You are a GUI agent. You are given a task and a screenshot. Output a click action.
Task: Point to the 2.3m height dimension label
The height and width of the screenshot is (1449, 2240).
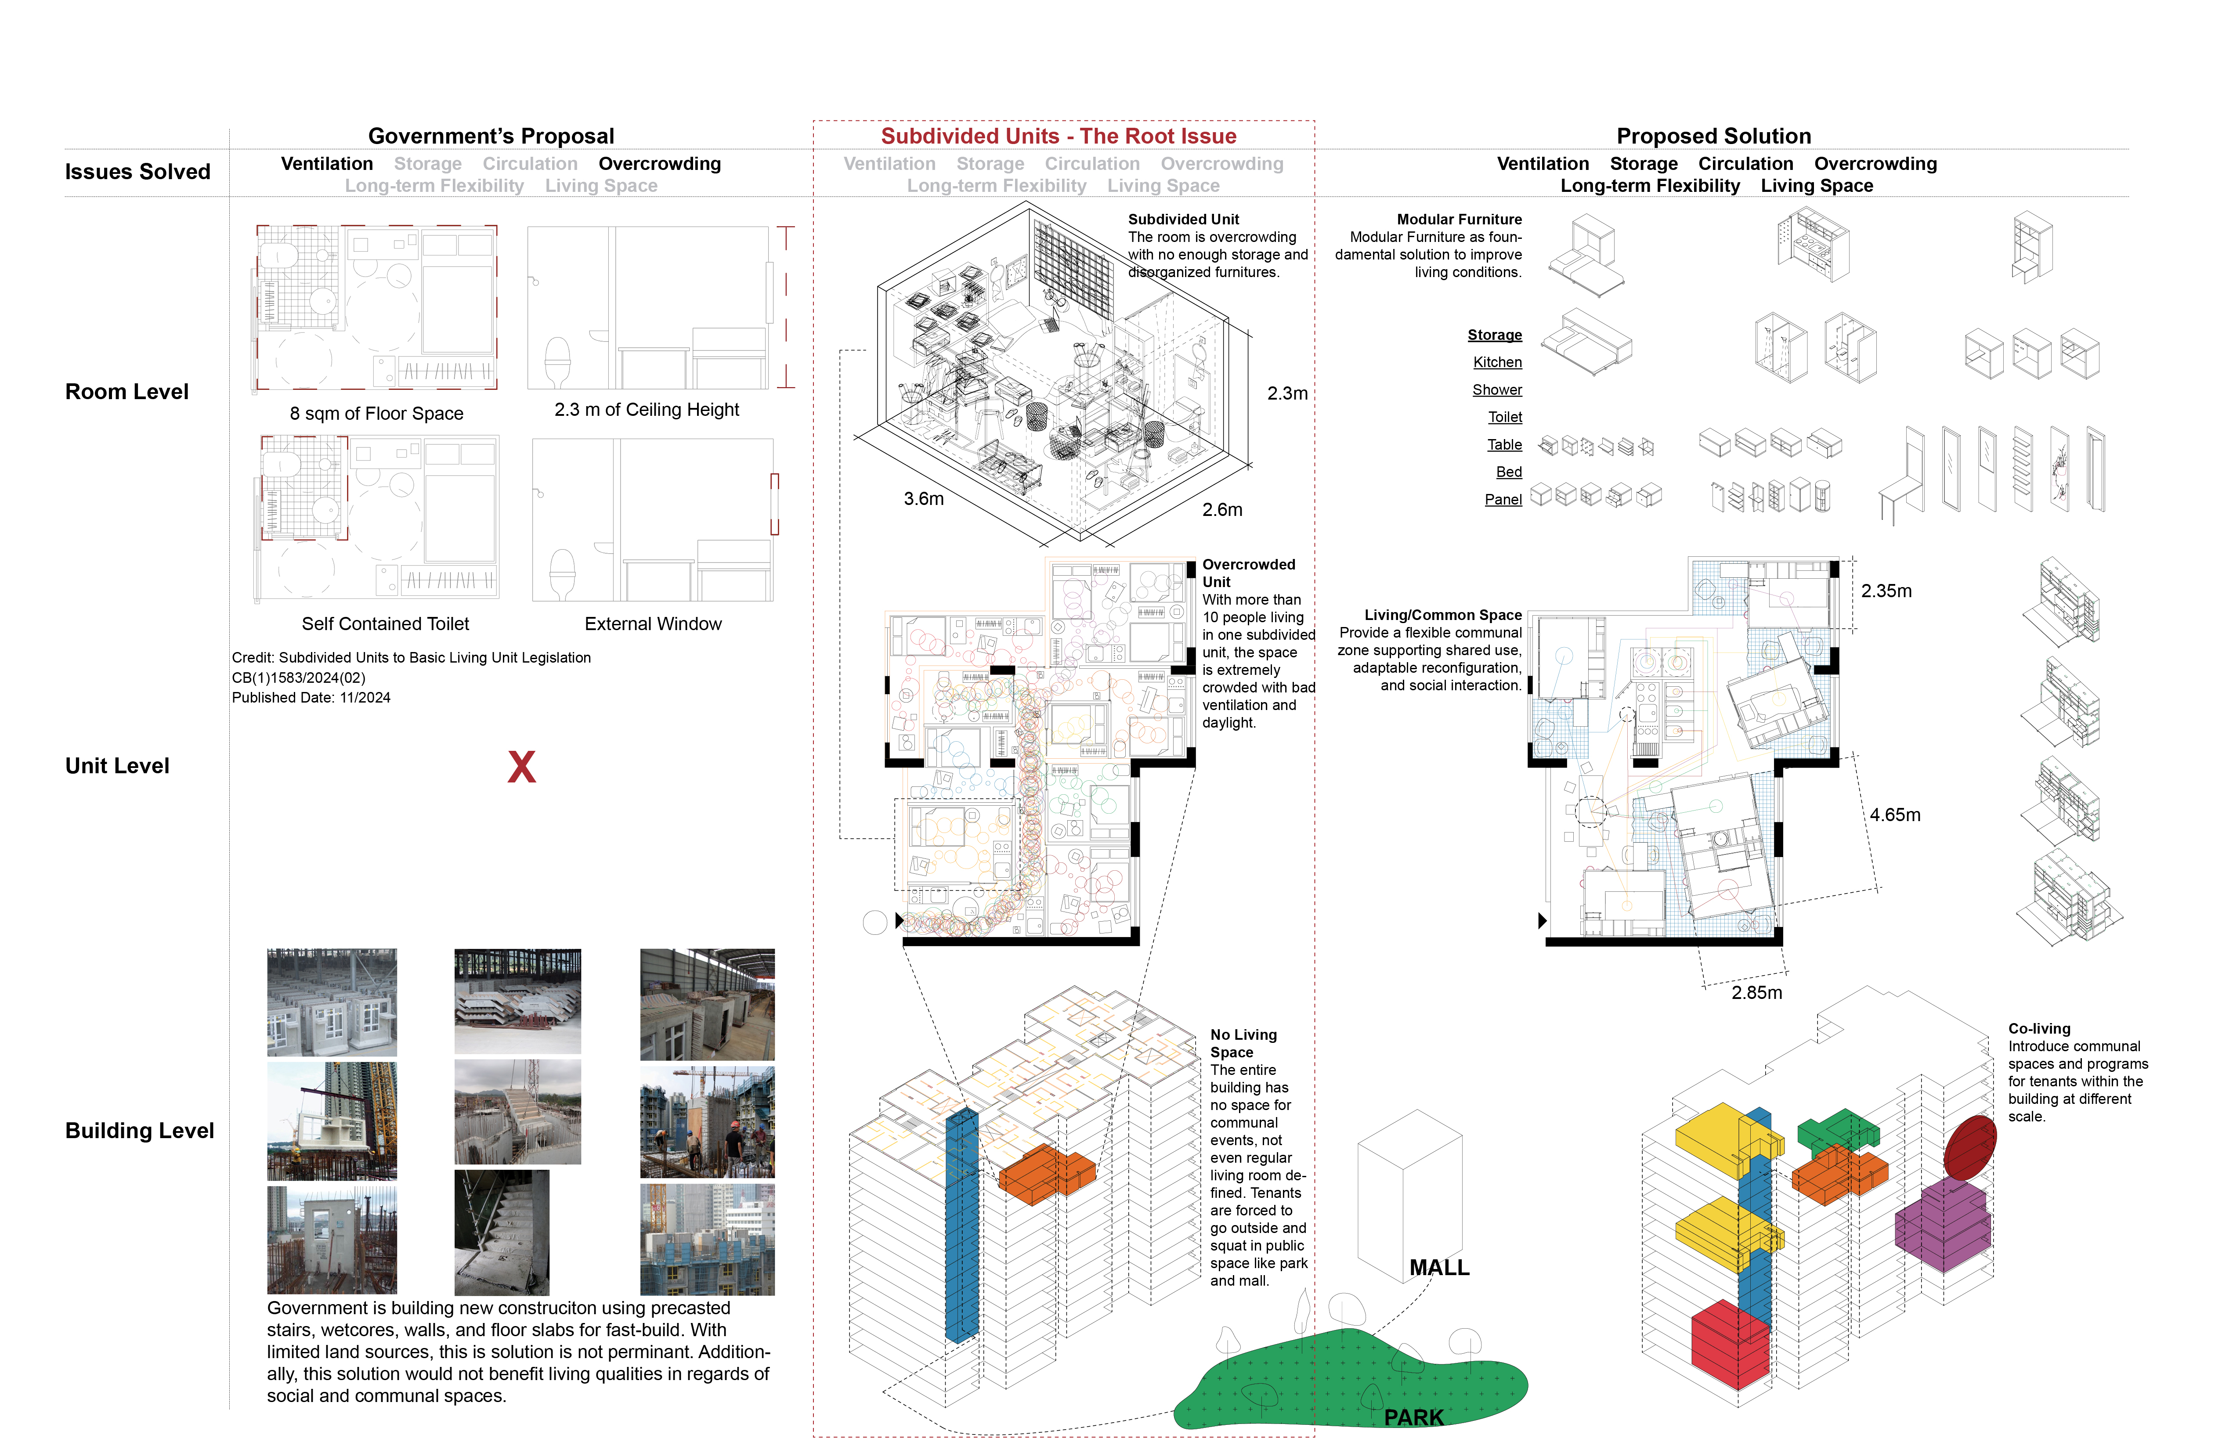click(1286, 393)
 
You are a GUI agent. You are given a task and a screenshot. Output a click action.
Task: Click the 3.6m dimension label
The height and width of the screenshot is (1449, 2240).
click(923, 499)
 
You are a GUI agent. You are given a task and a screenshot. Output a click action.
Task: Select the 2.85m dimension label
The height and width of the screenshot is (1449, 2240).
click(1756, 993)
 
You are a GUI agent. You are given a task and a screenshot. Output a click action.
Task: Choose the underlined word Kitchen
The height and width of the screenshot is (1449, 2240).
click(1496, 362)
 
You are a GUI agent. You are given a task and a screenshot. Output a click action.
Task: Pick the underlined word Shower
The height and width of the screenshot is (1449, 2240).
click(1496, 389)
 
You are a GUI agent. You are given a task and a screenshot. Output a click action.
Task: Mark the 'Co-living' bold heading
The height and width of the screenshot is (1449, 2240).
click(2038, 1028)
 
